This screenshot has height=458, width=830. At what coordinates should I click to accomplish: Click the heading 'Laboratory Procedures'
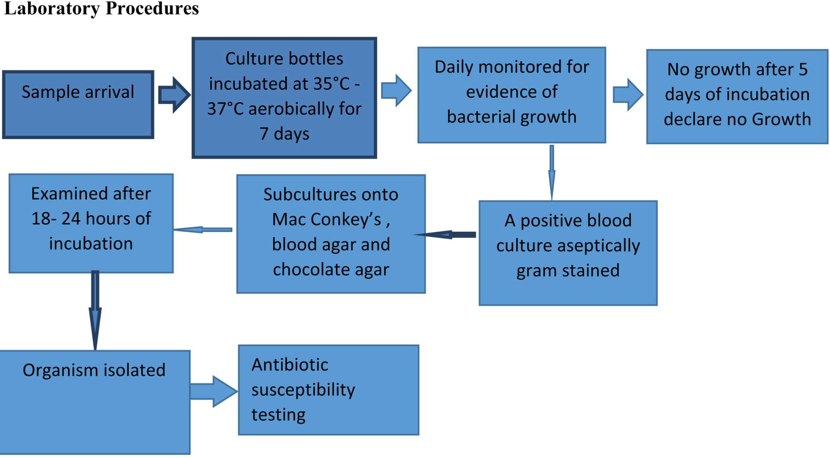pyautogui.click(x=101, y=8)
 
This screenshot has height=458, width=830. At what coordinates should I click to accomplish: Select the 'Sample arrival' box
pyautogui.click(x=78, y=105)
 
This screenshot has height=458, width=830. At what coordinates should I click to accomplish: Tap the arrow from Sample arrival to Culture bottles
pyautogui.click(x=174, y=95)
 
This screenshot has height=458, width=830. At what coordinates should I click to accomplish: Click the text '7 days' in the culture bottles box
pyautogui.click(x=284, y=134)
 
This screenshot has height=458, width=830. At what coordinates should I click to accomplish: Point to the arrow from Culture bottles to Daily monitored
pyautogui.click(x=396, y=90)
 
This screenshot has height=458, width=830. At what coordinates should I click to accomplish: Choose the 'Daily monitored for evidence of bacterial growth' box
pyautogui.click(x=512, y=95)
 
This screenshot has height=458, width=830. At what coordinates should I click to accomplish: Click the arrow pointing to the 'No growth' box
pyautogui.click(x=628, y=95)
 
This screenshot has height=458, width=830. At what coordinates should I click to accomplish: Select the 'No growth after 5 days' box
pyautogui.click(x=737, y=97)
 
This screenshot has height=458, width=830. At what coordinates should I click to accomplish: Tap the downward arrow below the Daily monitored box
pyautogui.click(x=552, y=172)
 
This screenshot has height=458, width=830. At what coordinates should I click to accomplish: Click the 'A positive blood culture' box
pyautogui.click(x=568, y=253)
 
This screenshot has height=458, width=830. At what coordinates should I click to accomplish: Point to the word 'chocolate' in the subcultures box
pyautogui.click(x=308, y=270)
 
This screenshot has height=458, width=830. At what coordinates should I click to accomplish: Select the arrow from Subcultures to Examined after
pyautogui.click(x=203, y=229)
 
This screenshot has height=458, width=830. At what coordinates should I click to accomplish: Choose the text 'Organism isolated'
pyautogui.click(x=94, y=370)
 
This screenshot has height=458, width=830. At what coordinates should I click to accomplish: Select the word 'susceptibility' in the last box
pyautogui.click(x=303, y=390)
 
